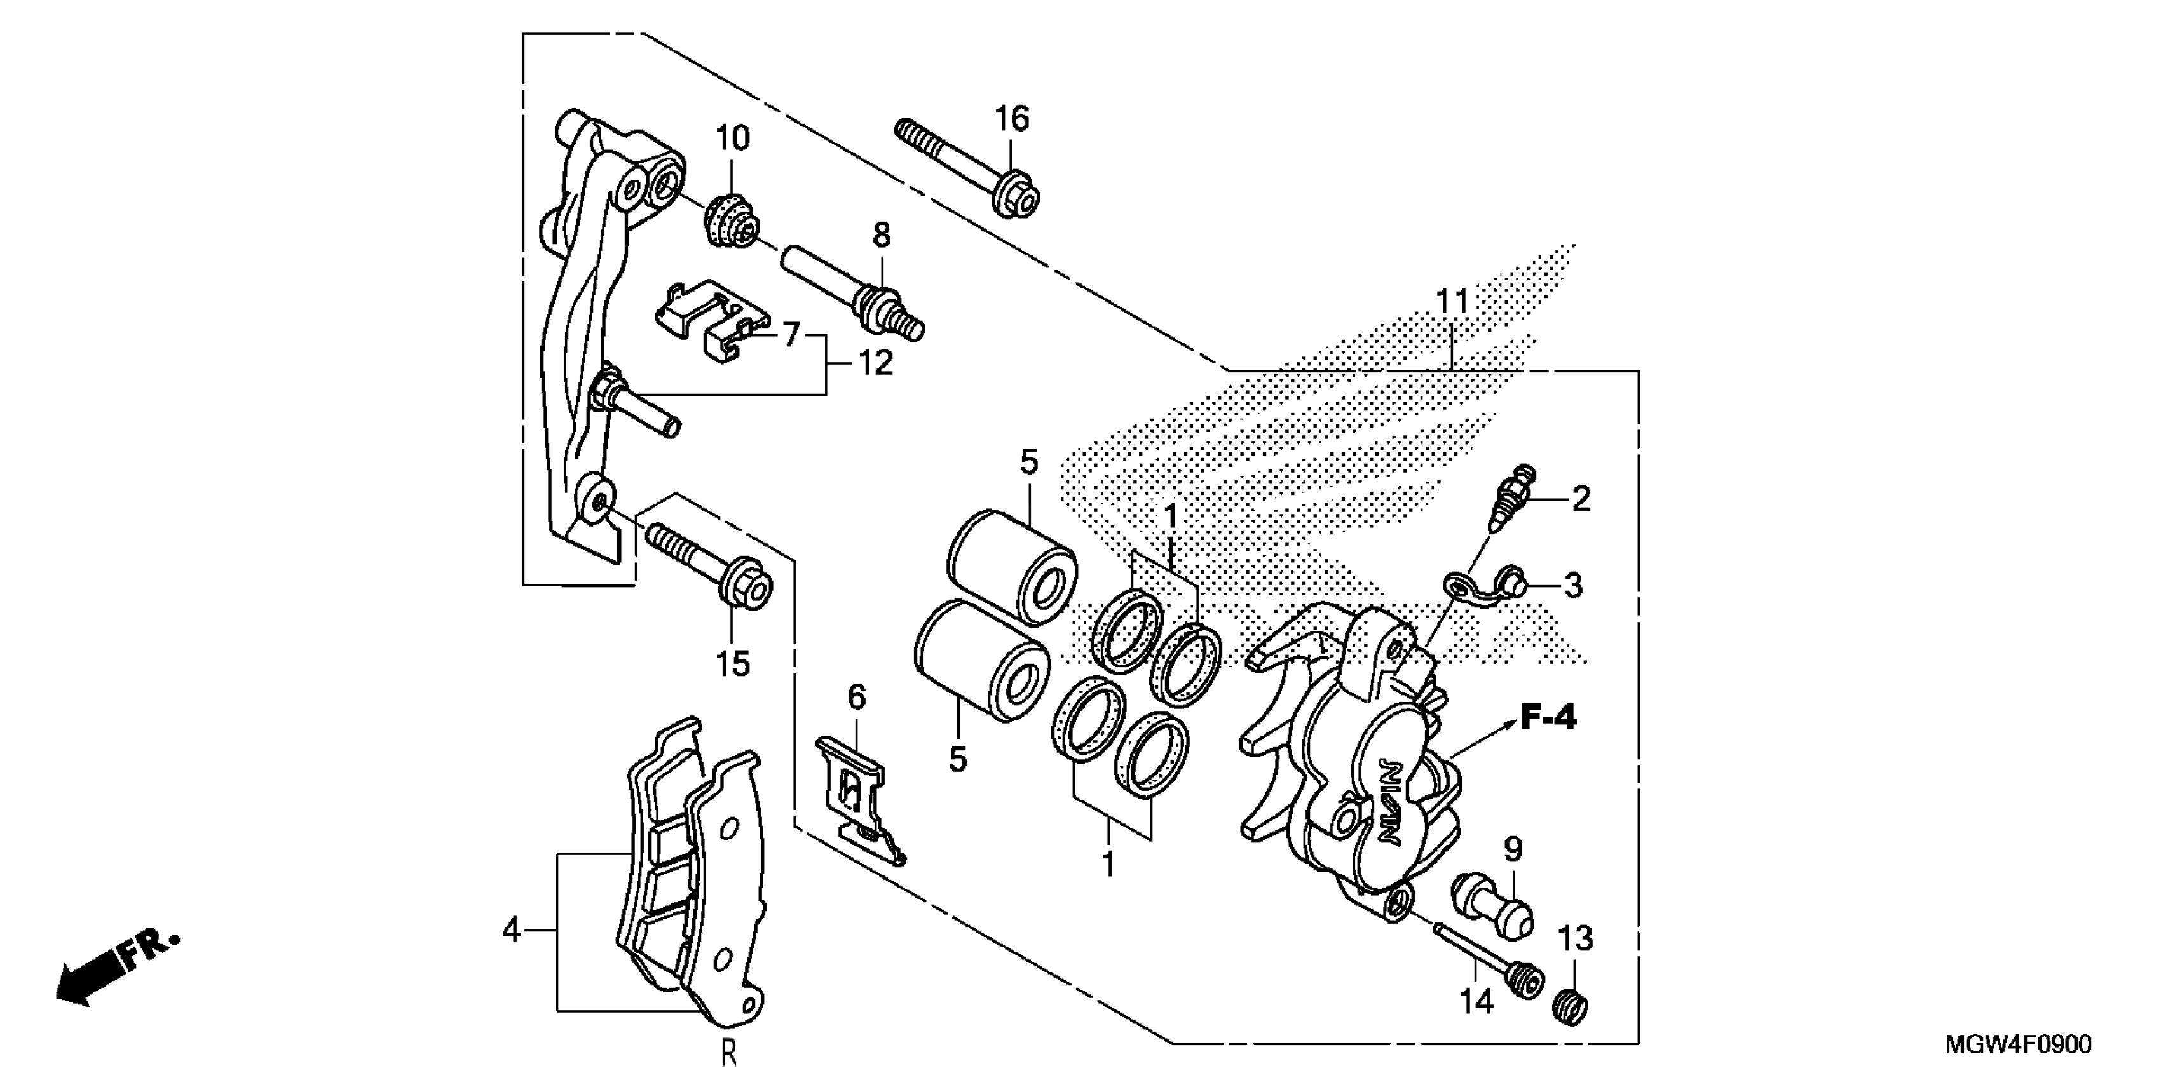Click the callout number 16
point(1012,119)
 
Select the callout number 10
point(732,138)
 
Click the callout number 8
point(881,236)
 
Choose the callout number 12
point(875,363)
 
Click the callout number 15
point(732,664)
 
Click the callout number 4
point(512,930)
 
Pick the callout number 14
point(1476,1001)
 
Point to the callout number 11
point(1452,301)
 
